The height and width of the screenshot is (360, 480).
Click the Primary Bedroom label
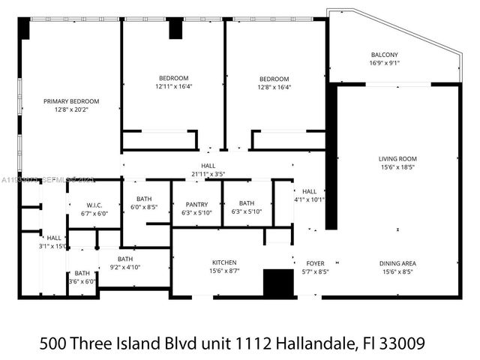71,101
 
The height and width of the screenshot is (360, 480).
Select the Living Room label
397,158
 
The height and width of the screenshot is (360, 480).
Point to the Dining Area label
397,263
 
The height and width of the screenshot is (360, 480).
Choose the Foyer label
316,263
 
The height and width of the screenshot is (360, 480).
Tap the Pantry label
197,203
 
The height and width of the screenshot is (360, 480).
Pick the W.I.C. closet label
94,205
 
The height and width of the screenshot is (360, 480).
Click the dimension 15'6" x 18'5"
397,167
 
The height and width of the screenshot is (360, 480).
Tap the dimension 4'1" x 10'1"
309,199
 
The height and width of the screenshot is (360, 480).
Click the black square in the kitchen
277,283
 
